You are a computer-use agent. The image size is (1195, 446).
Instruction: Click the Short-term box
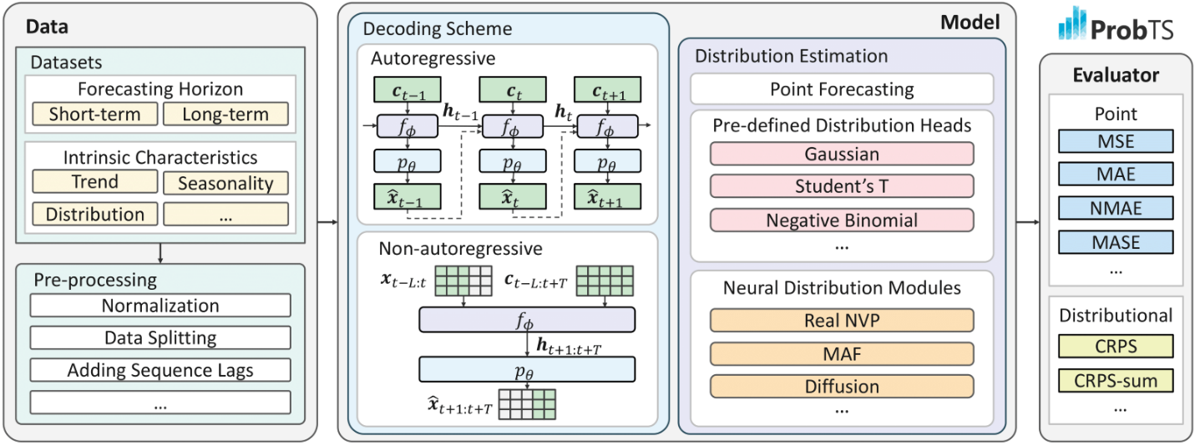95,114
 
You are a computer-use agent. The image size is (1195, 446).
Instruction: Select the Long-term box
225,114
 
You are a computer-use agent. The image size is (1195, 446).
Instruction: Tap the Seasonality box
225,183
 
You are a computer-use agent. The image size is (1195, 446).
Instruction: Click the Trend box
95,181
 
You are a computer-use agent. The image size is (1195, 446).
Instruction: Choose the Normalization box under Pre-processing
160,306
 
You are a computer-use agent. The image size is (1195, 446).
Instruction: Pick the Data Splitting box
160,337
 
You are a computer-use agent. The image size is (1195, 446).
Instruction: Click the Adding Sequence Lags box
160,370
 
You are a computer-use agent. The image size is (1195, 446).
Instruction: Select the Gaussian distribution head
842,154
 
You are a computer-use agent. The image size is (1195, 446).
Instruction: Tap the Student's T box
842,185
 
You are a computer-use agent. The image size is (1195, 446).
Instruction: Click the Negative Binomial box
842,220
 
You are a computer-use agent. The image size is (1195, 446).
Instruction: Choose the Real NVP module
842,321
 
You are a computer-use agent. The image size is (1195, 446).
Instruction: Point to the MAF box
842,354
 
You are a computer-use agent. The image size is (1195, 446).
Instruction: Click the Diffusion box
842,387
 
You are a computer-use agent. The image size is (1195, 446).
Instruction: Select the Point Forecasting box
842,89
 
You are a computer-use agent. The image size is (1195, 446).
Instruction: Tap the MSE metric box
1116,141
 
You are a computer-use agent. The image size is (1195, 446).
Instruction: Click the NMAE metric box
1116,208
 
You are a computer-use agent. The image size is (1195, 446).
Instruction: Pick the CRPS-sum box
1116,381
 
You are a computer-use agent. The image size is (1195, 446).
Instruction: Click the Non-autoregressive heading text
461,248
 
